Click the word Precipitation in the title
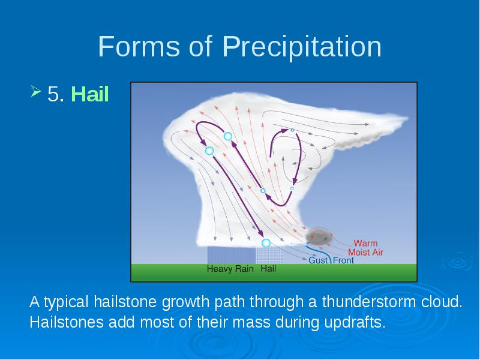[x=302, y=47]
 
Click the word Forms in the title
[x=139, y=46]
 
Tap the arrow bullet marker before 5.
[x=35, y=91]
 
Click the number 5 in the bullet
[x=53, y=94]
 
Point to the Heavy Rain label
[x=230, y=269]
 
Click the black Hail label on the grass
[x=268, y=269]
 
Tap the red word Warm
[x=365, y=243]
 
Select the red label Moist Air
[x=365, y=252]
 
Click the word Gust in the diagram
[x=318, y=260]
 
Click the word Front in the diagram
[x=343, y=260]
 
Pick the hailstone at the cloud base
[x=266, y=243]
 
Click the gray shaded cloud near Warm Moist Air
[x=319, y=237]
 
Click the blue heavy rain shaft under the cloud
[x=232, y=255]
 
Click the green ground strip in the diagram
[x=274, y=272]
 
